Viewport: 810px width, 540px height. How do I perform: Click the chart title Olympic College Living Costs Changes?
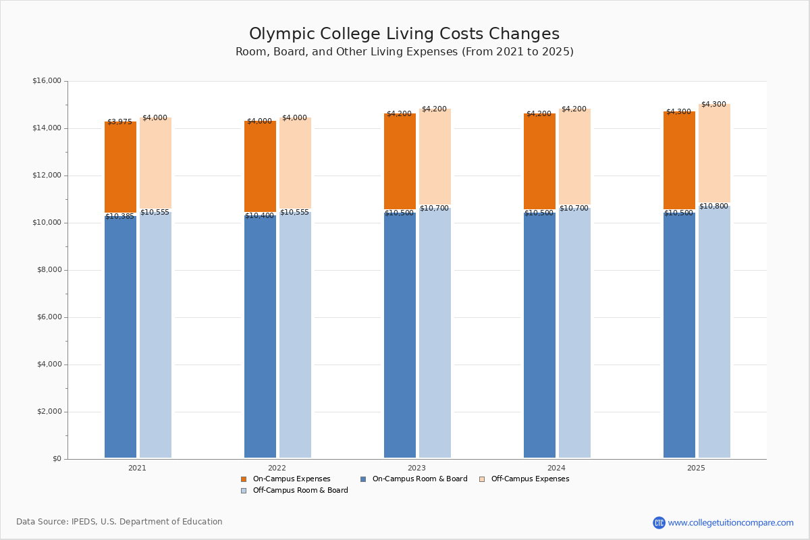[404, 34]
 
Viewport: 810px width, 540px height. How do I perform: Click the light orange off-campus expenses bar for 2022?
[295, 165]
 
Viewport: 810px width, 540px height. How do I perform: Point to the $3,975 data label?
[119, 122]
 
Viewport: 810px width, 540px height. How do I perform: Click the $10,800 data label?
[713, 207]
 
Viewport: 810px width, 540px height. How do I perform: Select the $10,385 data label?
[119, 217]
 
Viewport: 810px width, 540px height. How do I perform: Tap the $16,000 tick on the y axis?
[47, 81]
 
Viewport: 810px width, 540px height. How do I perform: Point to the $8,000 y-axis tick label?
[49, 270]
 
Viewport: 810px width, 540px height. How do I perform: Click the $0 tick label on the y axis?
[56, 459]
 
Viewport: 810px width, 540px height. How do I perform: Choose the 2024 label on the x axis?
[556, 468]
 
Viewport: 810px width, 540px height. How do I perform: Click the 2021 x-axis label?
[137, 468]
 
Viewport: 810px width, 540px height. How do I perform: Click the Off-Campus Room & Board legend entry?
[300, 491]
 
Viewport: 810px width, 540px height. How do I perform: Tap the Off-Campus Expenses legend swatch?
[482, 479]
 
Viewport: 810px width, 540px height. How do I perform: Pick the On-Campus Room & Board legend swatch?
[363, 479]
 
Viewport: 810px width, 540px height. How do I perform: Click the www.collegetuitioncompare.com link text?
[730, 522]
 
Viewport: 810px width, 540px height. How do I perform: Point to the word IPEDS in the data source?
[84, 522]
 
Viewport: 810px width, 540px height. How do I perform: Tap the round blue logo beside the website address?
[659, 522]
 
